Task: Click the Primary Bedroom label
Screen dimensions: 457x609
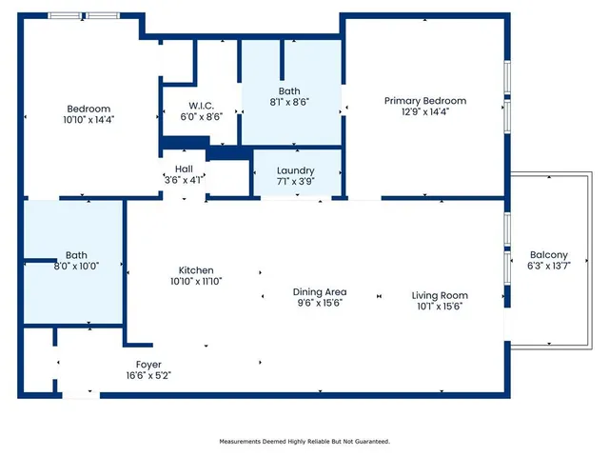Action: coord(425,101)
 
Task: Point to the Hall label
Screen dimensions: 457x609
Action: coord(184,167)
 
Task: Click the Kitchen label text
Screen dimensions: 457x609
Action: coord(196,269)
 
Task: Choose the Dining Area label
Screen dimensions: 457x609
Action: coord(319,291)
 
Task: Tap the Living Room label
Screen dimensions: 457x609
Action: coord(440,295)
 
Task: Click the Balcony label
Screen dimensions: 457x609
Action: coord(549,255)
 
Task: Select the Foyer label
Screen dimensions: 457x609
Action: coord(148,365)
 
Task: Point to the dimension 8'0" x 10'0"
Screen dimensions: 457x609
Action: coord(76,267)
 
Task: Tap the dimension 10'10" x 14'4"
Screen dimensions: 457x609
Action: coord(88,120)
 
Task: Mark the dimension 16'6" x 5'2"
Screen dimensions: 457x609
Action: coord(148,375)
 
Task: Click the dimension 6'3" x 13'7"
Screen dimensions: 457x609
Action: coord(549,266)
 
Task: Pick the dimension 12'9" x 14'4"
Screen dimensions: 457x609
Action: coord(425,111)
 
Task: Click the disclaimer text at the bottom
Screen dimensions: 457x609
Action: coord(304,442)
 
